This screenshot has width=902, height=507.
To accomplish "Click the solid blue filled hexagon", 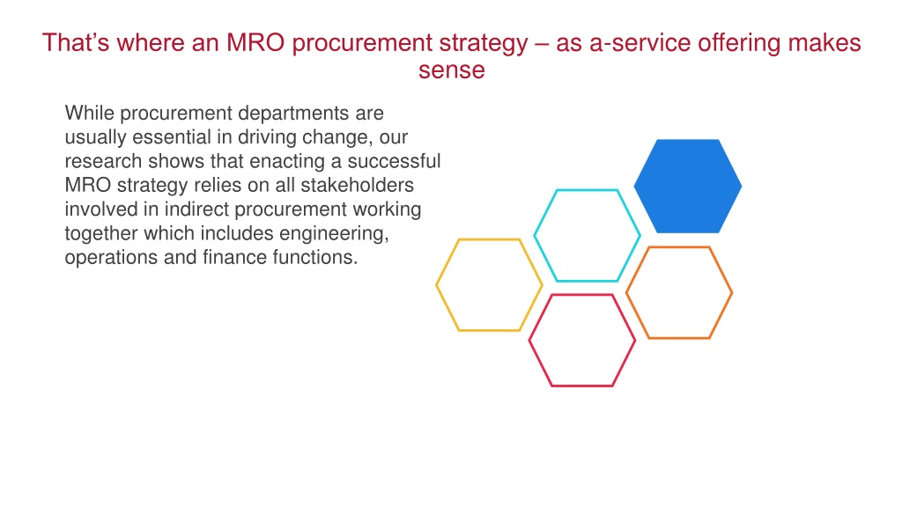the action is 687,187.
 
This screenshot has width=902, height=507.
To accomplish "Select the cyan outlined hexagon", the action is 535,235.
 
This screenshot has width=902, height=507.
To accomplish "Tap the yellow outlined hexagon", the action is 436,284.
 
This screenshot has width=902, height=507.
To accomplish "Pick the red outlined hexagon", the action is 529,341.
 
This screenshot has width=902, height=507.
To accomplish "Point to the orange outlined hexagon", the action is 626,292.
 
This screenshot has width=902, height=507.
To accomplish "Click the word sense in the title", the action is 452,70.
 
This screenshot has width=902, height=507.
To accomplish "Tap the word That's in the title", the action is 76,42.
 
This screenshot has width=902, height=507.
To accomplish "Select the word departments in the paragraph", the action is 292,114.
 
